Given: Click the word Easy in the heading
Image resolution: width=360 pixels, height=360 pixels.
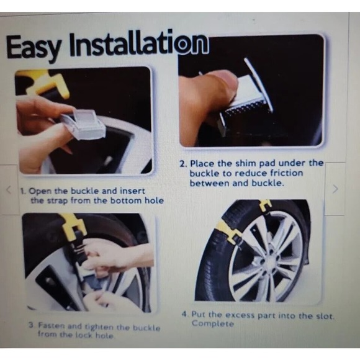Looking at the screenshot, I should (x=35, y=47).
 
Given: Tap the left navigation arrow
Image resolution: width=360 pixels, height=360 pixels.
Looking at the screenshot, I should (x=9, y=190).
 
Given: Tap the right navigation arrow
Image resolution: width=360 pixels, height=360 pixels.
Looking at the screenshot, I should (x=335, y=189).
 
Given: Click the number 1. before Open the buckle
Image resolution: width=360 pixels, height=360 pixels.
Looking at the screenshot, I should (x=23, y=191).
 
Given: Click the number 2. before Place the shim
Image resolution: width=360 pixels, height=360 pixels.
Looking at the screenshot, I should (x=183, y=163).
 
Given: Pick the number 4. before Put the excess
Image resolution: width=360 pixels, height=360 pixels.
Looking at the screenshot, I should (x=185, y=315).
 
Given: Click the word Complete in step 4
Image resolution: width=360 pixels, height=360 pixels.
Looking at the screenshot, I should (x=213, y=324).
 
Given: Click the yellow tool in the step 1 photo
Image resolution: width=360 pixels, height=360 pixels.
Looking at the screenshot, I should (x=43, y=81).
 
